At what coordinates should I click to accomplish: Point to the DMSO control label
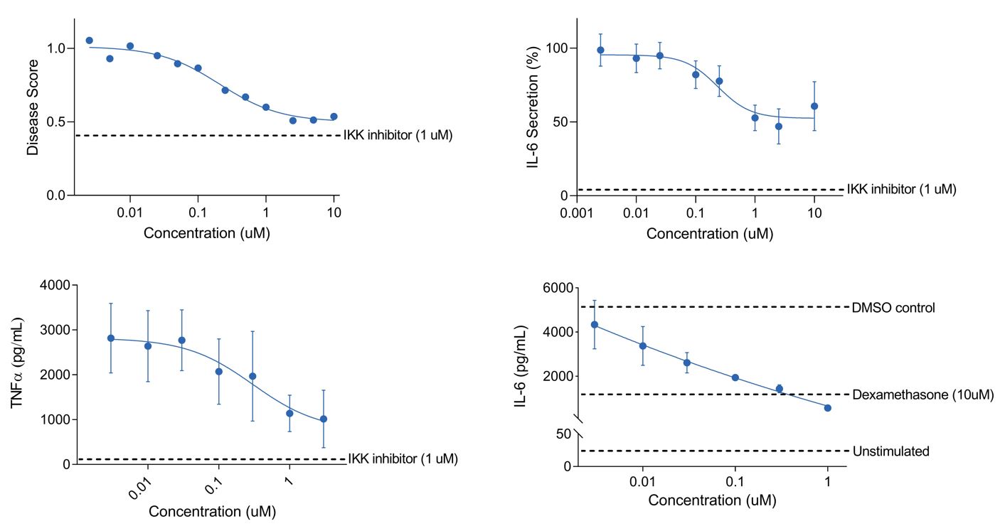pos(893,308)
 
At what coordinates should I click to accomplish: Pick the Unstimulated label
pos(890,451)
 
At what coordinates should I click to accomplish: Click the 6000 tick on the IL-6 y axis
pos(556,288)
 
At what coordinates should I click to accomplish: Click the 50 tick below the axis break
pos(563,434)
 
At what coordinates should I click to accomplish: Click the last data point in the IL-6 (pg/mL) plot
pos(828,407)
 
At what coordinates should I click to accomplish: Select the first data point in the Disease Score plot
pos(89,41)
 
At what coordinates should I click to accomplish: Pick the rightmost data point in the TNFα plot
pos(324,419)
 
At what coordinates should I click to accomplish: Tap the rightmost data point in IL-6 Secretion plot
pos(814,106)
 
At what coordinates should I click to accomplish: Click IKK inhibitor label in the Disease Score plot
pos(398,135)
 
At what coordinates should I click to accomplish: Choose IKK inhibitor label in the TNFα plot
pos(403,458)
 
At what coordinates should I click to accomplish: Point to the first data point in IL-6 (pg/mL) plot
pos(595,325)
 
